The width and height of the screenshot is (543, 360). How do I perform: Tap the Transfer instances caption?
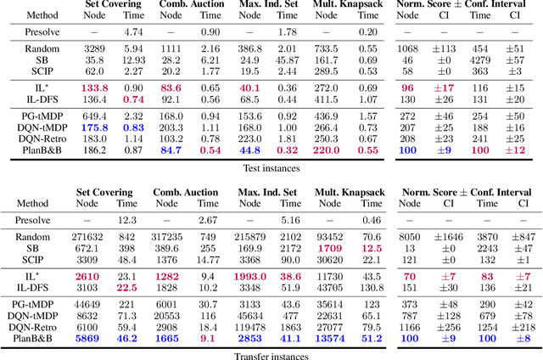pos(270,355)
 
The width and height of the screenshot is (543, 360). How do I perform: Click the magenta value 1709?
pos(355,249)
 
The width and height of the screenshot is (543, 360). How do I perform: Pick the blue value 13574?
pos(353,337)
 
